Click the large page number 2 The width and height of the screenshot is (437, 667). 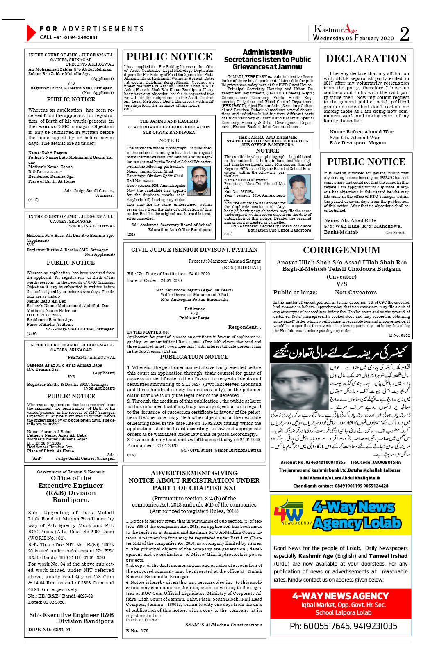click(404, 34)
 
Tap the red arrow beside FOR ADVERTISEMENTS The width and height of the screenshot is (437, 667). click(31, 33)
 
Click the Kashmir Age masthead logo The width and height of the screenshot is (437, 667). click(335, 29)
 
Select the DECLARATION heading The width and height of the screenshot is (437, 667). click(366, 59)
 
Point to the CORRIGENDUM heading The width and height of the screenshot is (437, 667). click(341, 250)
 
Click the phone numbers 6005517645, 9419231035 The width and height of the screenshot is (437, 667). click(343, 626)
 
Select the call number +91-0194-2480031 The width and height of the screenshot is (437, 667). click(69, 37)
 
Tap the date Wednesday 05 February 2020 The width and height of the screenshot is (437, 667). click(353, 38)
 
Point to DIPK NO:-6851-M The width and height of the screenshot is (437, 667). click(49, 629)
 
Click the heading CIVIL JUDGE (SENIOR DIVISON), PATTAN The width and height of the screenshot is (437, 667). click(194, 250)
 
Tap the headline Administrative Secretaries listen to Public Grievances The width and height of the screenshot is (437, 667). click(267, 60)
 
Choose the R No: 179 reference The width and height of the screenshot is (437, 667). click(137, 630)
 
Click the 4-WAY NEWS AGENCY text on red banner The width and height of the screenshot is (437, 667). click(340, 596)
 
